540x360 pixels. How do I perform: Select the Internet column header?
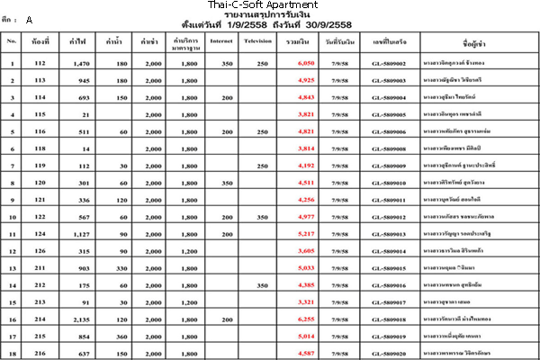click(x=220, y=41)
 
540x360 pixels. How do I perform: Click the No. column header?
click(x=12, y=41)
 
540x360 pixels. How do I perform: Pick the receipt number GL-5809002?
click(x=389, y=64)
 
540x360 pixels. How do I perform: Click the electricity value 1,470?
click(x=82, y=64)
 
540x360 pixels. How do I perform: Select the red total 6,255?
click(x=305, y=319)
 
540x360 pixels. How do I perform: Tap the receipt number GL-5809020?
click(x=389, y=354)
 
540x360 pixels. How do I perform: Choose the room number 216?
click(x=40, y=354)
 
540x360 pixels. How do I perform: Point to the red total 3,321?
click(x=305, y=302)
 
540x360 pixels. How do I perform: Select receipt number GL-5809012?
click(x=389, y=217)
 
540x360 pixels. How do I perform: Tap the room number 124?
click(x=40, y=234)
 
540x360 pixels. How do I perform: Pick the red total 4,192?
click(x=305, y=166)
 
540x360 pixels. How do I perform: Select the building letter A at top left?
click(x=29, y=19)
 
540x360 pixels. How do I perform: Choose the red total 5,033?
click(x=305, y=268)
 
